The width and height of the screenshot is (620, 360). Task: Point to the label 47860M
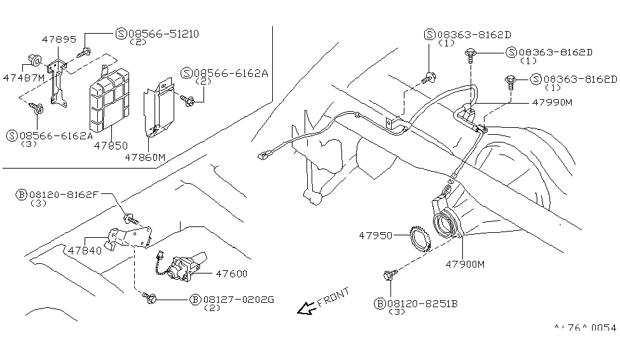144,156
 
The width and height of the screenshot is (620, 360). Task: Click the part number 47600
230,274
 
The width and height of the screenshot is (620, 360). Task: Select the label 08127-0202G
238,299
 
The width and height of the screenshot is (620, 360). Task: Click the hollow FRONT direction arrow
307,308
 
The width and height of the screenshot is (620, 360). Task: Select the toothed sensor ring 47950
420,242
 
